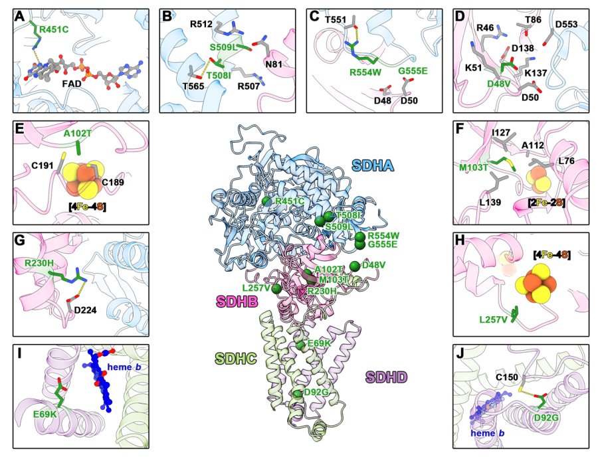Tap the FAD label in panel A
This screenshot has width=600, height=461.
click(x=75, y=85)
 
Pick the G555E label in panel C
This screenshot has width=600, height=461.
click(x=412, y=70)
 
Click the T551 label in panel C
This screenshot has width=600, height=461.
click(x=338, y=21)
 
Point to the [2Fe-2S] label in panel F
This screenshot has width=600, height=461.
click(x=544, y=201)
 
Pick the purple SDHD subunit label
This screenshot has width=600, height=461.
click(x=386, y=377)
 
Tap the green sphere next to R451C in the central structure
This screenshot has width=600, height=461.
click(x=266, y=201)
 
